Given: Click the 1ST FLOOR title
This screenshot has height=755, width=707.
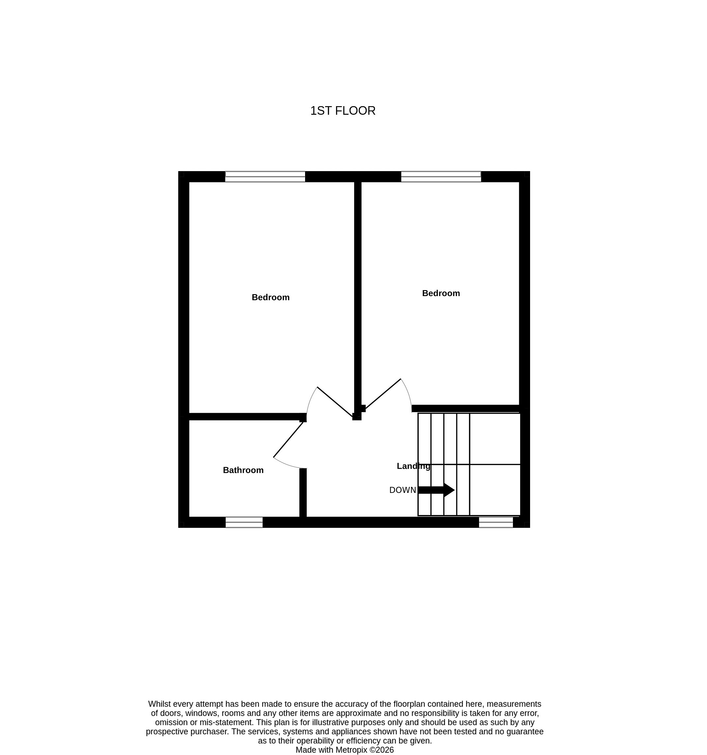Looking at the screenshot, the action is (343, 110).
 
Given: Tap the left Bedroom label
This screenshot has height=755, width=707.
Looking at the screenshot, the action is (270, 297).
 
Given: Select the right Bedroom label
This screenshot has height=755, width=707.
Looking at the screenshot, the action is (441, 293).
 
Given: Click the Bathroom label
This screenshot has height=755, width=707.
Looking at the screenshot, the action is (243, 470).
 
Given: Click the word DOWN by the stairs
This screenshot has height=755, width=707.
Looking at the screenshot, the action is (403, 490).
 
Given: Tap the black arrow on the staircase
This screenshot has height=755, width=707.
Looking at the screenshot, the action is (436, 490).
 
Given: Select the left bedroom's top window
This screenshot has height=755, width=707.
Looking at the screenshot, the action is (265, 177).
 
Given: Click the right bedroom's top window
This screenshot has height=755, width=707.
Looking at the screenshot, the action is (441, 177).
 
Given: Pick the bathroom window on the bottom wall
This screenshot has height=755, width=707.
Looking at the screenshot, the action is (244, 522).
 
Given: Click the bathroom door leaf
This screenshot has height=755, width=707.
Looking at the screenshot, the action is (288, 439).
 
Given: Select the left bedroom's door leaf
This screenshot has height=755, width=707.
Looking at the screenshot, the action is (335, 402).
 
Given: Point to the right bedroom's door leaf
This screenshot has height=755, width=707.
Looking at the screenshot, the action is (383, 393).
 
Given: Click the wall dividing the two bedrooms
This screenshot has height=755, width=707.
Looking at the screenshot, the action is (357, 296).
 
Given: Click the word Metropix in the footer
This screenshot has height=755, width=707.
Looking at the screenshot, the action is (351, 750).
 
